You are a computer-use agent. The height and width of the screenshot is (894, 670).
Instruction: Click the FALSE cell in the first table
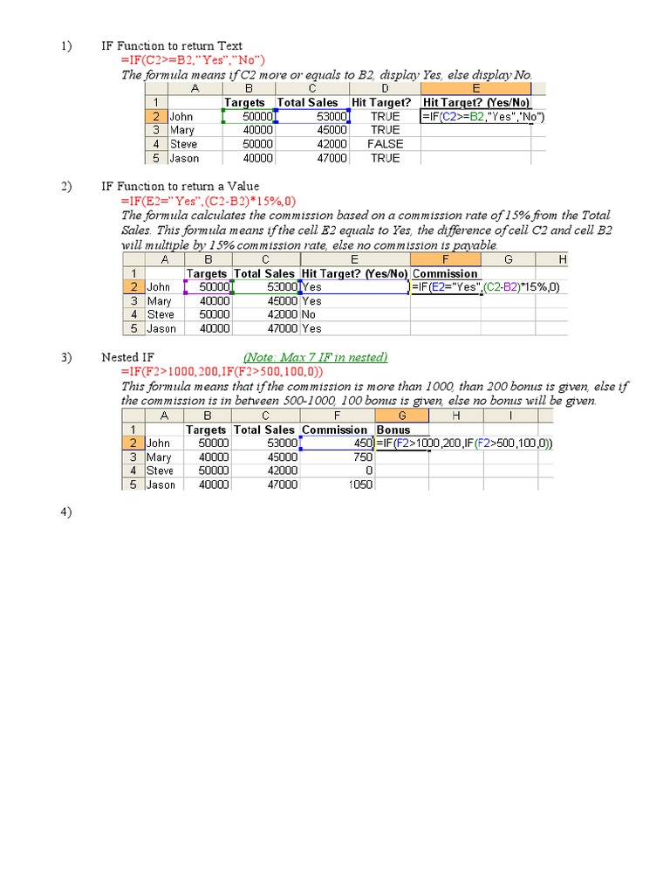click(385, 144)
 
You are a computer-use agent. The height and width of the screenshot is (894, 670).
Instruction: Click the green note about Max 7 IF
click(316, 357)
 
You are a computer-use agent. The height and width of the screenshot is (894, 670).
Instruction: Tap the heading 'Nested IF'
click(127, 357)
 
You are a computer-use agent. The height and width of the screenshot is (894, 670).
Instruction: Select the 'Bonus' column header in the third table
click(393, 430)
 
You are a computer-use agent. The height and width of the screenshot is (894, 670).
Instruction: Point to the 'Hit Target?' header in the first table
click(381, 102)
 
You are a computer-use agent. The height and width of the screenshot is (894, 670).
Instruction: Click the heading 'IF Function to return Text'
click(172, 45)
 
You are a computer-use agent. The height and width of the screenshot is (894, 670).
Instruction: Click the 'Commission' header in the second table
click(445, 273)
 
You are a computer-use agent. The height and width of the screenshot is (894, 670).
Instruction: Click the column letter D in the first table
click(385, 88)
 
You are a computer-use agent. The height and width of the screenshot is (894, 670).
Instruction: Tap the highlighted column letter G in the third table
click(401, 416)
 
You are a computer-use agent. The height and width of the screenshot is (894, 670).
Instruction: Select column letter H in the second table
click(562, 259)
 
